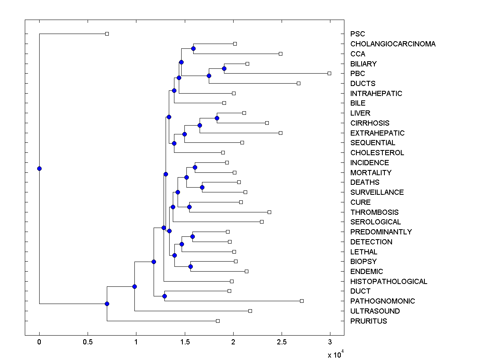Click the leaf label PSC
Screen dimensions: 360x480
(358, 34)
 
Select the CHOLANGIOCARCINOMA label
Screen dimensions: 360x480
(393, 44)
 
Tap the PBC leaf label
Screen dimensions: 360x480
(358, 74)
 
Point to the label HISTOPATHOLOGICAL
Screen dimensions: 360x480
(389, 282)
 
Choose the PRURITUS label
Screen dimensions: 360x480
(368, 321)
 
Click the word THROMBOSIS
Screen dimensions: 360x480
(374, 212)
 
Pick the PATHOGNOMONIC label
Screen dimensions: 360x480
(382, 301)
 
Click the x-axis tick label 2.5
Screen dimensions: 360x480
(282, 342)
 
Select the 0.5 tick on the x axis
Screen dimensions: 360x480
(88, 342)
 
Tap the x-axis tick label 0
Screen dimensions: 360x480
(39, 342)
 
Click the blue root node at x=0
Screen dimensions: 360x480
(39, 168)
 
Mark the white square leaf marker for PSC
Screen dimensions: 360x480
(107, 34)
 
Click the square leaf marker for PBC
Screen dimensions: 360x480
(329, 73)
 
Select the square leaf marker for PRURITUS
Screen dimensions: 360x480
(218, 321)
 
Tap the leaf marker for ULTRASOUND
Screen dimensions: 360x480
(250, 311)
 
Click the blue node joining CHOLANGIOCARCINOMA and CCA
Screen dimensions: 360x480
(193, 48)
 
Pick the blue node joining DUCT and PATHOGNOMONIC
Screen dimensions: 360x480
(164, 296)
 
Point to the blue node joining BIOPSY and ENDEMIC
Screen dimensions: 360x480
(190, 266)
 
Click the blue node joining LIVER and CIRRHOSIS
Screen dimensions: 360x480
(217, 118)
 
